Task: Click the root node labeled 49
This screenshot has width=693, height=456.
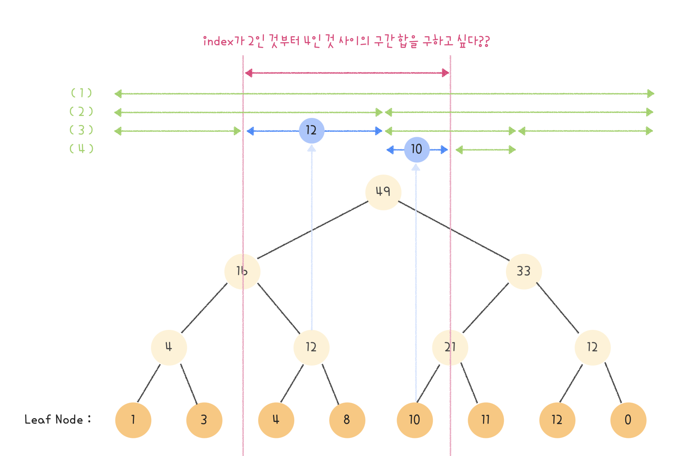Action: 383,192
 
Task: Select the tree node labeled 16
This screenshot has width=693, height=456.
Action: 242,271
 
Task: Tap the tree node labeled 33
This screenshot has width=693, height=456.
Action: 524,271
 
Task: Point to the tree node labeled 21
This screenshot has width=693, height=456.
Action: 450,348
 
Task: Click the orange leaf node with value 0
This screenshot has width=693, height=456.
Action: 628,420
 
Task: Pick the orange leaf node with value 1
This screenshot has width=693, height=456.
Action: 133,420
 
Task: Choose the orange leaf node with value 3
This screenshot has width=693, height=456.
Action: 204,420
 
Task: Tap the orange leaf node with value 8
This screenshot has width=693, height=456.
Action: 347,420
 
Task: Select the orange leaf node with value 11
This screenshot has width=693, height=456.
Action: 485,420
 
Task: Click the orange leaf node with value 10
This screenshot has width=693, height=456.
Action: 414,420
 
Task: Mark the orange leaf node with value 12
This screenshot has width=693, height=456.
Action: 557,420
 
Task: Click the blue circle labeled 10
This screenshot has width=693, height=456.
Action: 417,150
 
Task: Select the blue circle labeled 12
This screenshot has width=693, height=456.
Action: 312,131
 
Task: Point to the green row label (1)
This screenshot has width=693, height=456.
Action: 81,93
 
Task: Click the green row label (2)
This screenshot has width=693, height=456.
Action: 81,112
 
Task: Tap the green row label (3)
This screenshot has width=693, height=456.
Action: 81,130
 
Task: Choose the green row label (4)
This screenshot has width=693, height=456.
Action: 81,149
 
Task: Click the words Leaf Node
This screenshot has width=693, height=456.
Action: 54,419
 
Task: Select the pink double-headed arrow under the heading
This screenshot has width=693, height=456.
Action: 347,73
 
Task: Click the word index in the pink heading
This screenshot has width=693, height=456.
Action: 218,41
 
